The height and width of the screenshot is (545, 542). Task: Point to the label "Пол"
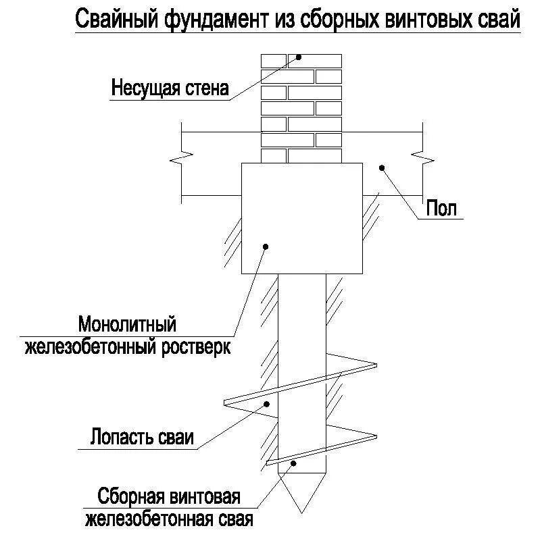click(x=441, y=209)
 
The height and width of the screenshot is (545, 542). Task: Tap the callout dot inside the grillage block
click(x=267, y=247)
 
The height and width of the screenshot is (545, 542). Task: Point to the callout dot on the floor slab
click(x=381, y=167)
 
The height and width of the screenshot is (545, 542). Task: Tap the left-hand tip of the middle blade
click(x=225, y=403)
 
